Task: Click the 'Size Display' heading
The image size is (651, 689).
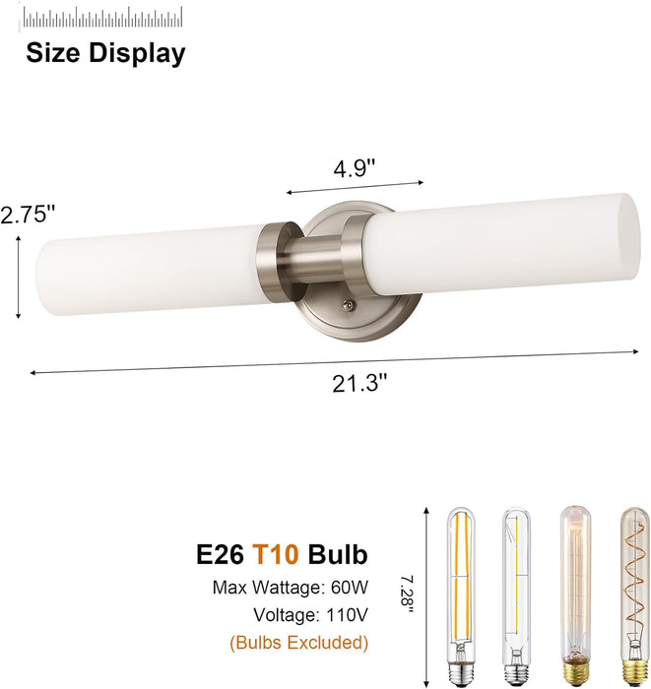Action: pos(105,53)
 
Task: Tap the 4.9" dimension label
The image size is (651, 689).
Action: pos(355,168)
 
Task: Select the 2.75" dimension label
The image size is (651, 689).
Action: pos(28,216)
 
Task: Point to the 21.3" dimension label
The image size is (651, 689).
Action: pos(360,383)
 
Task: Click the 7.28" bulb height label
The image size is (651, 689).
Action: pos(408,597)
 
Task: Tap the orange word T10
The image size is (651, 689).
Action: pos(276,554)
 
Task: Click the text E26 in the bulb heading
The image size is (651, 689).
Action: pos(220,554)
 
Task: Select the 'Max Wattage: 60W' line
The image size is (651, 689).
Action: pos(291,587)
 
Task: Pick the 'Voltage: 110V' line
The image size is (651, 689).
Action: pos(310,615)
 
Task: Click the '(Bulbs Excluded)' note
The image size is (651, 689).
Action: pos(298,643)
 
